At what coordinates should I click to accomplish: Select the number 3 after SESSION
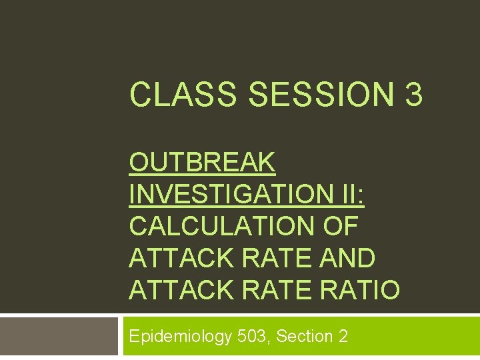pos(413,95)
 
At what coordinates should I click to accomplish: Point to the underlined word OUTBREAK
pos(202,162)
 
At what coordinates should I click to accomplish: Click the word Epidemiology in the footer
pos(180,337)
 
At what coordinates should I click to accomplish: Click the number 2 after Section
pos(343,337)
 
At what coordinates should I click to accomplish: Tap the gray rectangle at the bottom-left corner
pos(59,337)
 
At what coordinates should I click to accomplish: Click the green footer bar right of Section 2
pos(413,337)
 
